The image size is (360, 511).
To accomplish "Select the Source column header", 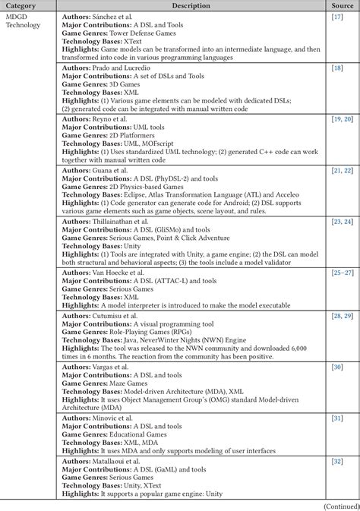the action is (x=341, y=6).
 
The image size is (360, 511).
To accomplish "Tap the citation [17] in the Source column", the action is (x=337, y=17).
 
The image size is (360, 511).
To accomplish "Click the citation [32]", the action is (x=337, y=462).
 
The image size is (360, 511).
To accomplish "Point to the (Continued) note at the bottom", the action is (x=339, y=505).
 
